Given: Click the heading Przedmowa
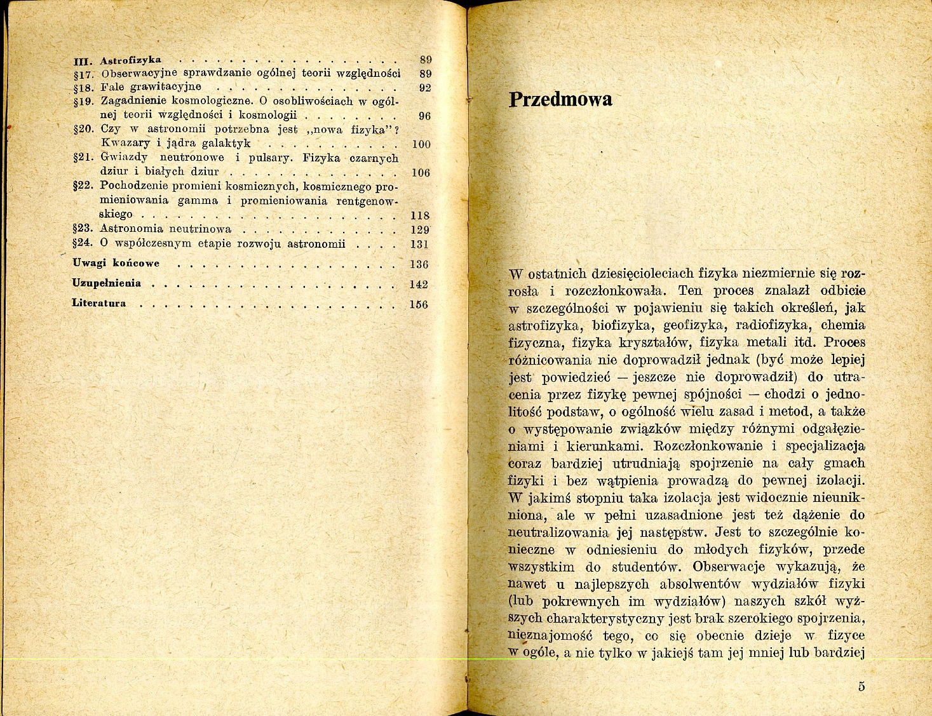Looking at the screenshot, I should (x=561, y=100).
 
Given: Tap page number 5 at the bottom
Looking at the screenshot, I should (x=861, y=686).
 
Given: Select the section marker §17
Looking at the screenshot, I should (x=84, y=74).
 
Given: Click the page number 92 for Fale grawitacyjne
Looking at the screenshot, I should (x=425, y=88).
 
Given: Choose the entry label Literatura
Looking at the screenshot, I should (x=99, y=303).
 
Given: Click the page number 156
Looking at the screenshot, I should (x=419, y=304).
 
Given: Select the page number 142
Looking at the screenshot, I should (x=419, y=285).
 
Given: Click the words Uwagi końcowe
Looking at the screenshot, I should (x=116, y=263).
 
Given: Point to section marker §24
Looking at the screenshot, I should (x=84, y=243).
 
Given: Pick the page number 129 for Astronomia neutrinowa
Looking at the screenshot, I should (x=419, y=230).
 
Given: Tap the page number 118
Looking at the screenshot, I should (x=420, y=215).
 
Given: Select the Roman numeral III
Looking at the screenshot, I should (x=83, y=61).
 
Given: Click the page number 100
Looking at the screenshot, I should (x=421, y=144).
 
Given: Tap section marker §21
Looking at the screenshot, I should (x=84, y=157).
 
